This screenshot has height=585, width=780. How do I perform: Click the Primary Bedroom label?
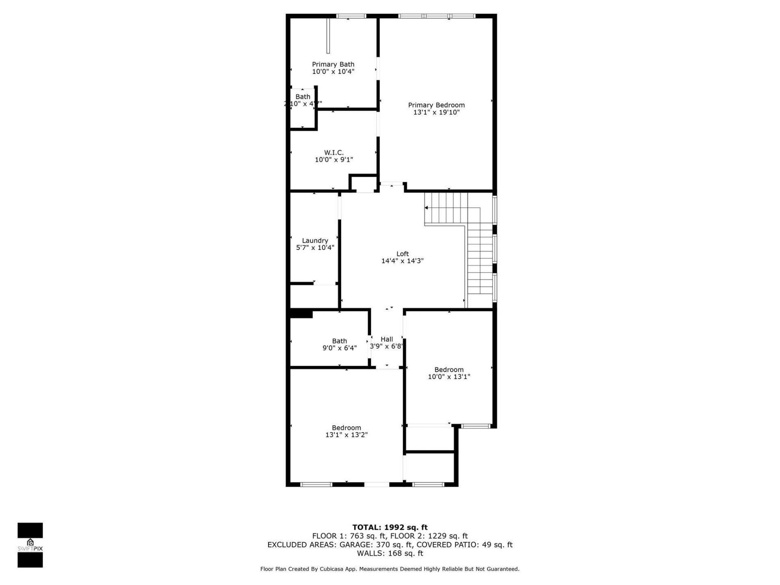[436, 105]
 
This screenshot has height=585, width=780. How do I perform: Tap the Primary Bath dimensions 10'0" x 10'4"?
[333, 72]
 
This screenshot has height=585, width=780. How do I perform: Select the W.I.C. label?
[334, 153]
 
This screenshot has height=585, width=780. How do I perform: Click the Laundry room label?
[315, 240]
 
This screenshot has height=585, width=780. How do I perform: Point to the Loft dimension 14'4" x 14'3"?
[402, 261]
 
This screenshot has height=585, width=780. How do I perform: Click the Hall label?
[387, 339]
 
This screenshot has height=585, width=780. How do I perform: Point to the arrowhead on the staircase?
[427, 208]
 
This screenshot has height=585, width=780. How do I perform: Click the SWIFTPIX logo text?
[30, 549]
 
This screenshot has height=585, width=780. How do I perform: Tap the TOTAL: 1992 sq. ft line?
[390, 528]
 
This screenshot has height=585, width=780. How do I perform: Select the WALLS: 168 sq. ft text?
[390, 553]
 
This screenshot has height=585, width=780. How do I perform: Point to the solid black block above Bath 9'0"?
[301, 314]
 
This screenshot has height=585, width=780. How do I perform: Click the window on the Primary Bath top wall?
[351, 16]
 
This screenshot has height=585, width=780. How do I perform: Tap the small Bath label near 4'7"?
[303, 97]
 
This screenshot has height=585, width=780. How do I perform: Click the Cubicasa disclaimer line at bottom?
[390, 569]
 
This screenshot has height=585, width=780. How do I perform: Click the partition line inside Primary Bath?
[328, 36]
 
